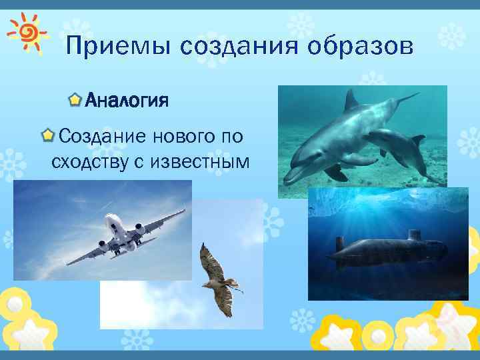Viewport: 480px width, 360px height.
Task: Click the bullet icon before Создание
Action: point(48,137)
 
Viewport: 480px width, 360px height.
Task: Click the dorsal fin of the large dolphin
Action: point(351,100)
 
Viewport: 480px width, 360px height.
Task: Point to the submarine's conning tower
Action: point(414,235)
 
